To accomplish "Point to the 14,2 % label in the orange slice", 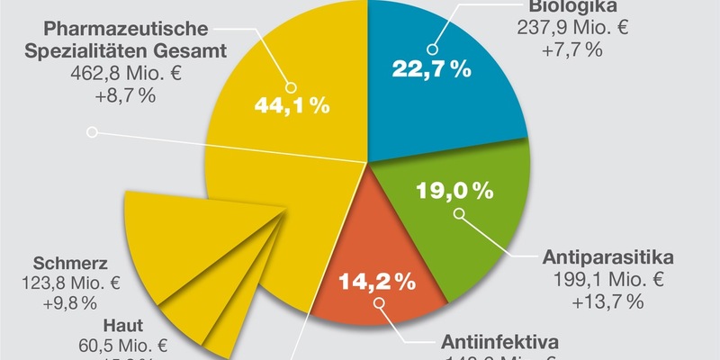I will (x=377, y=280).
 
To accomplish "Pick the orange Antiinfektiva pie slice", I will (x=360, y=243).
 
